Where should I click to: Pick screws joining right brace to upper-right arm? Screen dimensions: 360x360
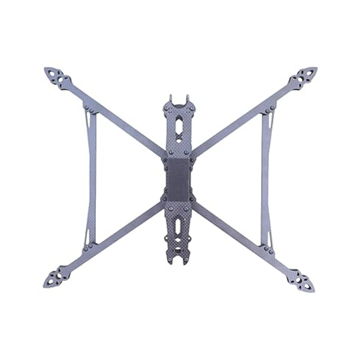pos(268,107)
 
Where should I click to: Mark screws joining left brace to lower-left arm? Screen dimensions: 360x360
pos(87,247)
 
